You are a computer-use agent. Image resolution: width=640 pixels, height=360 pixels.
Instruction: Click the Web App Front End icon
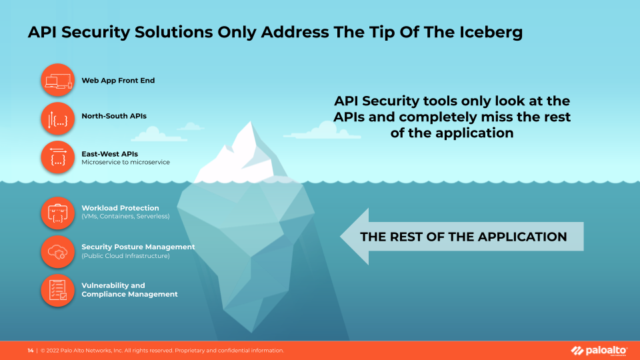(x=57, y=80)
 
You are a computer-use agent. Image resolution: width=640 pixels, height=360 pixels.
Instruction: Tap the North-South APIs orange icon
(x=57, y=119)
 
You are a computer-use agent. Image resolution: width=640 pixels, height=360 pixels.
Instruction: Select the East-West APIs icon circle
(x=57, y=157)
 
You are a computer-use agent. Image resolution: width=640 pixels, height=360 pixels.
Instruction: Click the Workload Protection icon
(x=57, y=213)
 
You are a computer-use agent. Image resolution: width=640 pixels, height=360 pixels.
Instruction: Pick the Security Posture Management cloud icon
(x=57, y=251)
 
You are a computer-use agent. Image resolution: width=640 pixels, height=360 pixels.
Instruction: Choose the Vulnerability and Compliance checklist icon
(x=57, y=290)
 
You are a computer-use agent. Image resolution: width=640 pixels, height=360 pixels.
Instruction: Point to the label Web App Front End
(x=118, y=81)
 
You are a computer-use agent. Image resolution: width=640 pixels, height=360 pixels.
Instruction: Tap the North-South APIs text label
(x=114, y=116)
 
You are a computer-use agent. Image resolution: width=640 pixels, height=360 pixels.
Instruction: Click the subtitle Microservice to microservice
(x=126, y=162)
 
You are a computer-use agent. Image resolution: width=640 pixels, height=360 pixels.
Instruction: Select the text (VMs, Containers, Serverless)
(x=126, y=216)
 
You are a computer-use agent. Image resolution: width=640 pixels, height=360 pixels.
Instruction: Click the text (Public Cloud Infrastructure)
(x=126, y=256)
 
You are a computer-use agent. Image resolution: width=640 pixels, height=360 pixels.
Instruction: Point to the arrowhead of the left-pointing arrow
(x=341, y=236)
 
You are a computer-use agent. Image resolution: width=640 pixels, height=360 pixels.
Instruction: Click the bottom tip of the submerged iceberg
(x=251, y=332)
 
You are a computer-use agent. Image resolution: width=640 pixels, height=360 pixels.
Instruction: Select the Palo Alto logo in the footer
(x=599, y=351)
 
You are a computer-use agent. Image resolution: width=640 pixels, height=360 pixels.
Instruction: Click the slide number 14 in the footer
(x=31, y=351)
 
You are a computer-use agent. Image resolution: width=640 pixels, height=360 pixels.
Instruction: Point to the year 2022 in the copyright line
(x=53, y=351)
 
